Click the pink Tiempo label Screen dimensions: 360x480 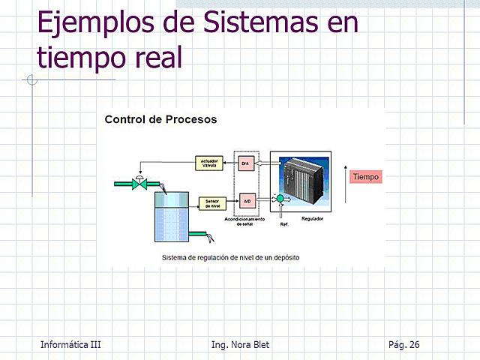[366, 177]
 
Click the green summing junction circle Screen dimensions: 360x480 [280, 199]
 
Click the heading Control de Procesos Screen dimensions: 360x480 [160, 119]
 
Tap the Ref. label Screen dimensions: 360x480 [284, 224]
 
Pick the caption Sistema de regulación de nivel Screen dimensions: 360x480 [230, 257]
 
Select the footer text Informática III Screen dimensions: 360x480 [71, 344]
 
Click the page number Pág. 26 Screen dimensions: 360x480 [404, 344]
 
